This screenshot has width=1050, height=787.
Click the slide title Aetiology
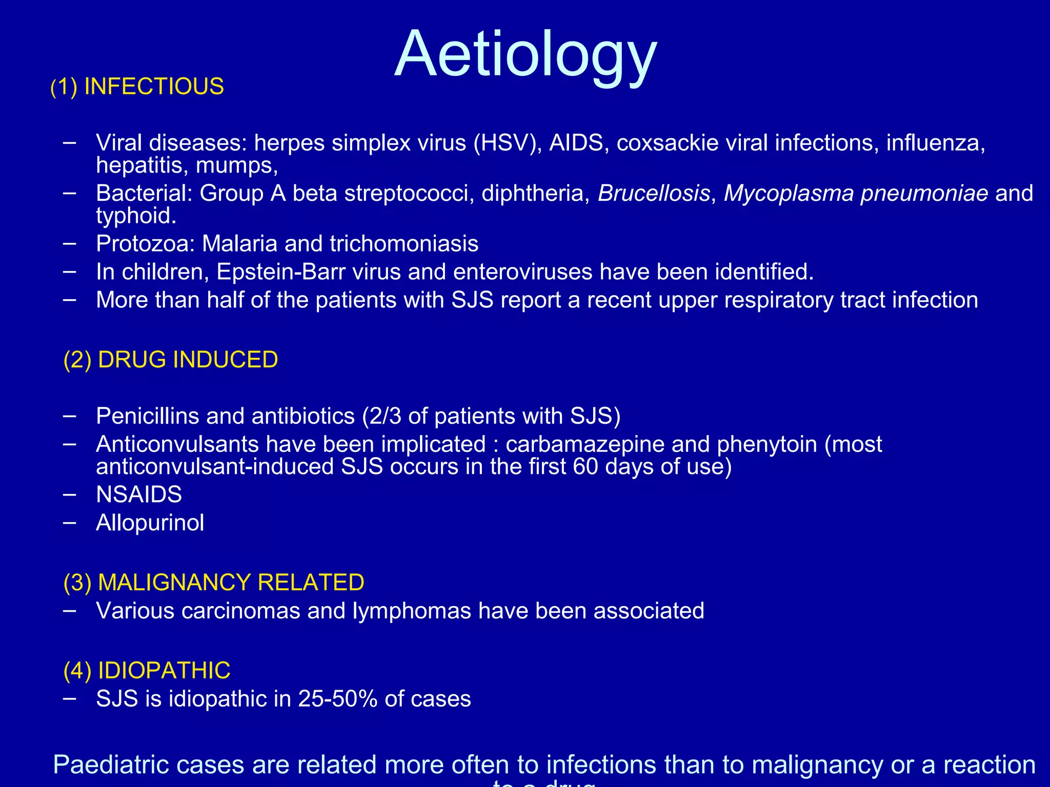526,55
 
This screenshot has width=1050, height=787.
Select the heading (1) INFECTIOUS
137,87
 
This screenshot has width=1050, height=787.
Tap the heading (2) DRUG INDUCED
170,360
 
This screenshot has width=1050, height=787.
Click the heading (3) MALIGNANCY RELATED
213,583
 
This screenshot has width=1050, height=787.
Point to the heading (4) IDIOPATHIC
147,671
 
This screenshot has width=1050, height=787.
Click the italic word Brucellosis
654,194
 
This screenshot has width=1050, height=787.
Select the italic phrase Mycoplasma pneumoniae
856,194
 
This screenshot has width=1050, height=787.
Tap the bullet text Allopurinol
150,523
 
